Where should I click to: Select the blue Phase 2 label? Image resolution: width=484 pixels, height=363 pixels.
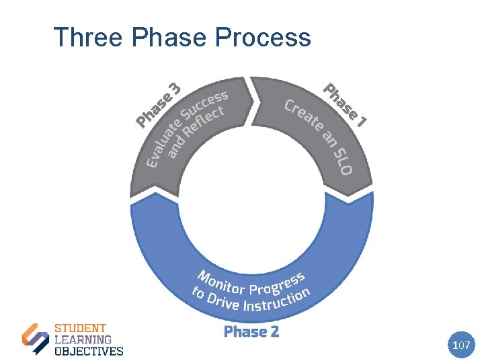(x=251, y=331)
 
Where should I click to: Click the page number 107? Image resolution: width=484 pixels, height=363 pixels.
(x=461, y=345)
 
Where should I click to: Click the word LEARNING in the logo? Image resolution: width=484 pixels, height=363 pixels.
(x=83, y=340)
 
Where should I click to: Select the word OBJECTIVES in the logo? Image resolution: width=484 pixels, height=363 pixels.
(x=88, y=350)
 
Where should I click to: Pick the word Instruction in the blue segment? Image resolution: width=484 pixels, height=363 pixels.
(x=276, y=300)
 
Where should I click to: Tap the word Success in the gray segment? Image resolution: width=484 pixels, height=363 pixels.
(x=205, y=107)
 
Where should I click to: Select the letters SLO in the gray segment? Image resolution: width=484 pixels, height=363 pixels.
(x=342, y=160)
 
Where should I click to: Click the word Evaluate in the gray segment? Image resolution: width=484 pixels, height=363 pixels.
(x=164, y=143)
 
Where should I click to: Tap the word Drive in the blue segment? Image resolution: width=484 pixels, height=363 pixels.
(x=223, y=300)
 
